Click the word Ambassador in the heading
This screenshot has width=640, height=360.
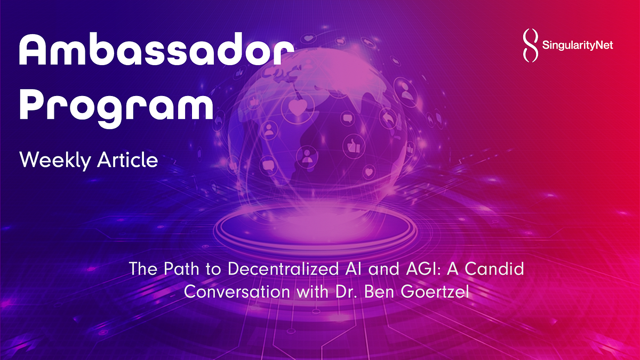click(x=156, y=53)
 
